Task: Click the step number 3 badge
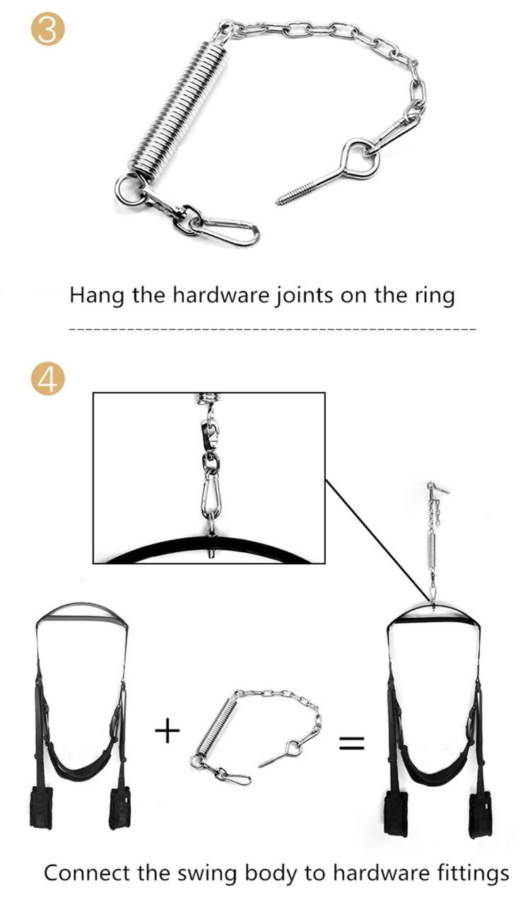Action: click(x=48, y=29)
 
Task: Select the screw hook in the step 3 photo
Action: click(x=327, y=171)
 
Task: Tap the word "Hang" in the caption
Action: click(x=96, y=296)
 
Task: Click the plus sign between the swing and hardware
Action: click(x=167, y=731)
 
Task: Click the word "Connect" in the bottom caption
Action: click(x=87, y=872)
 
